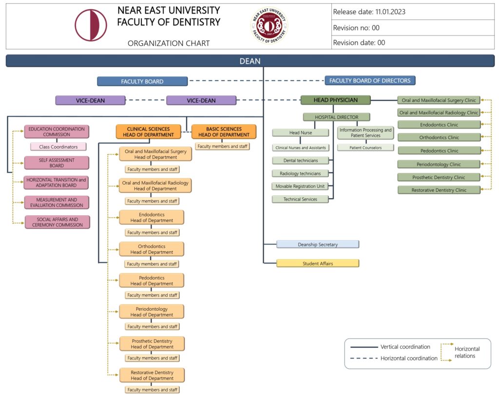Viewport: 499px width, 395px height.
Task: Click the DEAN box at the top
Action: pos(249,61)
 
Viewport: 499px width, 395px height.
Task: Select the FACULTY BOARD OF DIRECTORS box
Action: pos(370,81)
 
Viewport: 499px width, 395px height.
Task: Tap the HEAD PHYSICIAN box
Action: pos(335,100)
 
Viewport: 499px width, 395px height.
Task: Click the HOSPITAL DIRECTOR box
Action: pos(336,117)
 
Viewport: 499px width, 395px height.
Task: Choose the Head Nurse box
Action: pos(301,132)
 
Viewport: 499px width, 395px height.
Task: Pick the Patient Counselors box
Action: pos(365,148)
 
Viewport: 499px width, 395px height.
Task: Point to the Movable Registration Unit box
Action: pos(300,186)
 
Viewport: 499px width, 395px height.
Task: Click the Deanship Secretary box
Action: pos(318,245)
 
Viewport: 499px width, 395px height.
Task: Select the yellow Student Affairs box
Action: pos(318,263)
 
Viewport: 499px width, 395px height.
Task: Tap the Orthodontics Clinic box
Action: pos(439,137)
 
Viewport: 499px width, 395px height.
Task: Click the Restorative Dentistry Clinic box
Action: pos(439,190)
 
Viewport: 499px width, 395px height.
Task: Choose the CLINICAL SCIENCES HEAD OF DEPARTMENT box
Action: pos(150,132)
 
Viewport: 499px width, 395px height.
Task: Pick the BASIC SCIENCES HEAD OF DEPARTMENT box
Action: pos(224,132)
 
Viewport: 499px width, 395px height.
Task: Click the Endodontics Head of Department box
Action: pos(152,217)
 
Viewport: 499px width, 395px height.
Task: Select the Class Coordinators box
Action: pos(58,147)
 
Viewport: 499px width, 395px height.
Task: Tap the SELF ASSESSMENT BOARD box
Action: pos(57,163)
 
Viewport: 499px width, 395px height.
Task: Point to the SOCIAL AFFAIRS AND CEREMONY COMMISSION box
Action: pos(57,222)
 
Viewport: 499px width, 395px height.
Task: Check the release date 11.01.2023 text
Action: pos(369,12)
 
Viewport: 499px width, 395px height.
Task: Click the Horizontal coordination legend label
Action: pos(409,358)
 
